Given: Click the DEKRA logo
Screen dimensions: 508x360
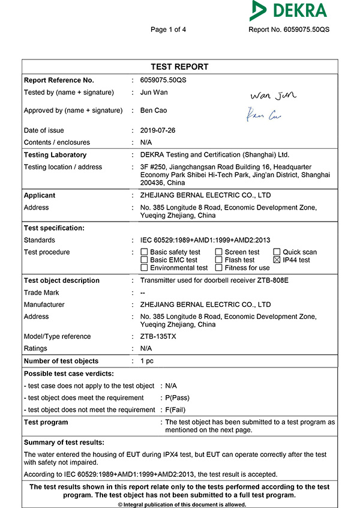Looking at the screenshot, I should pyautogui.click(x=289, y=11).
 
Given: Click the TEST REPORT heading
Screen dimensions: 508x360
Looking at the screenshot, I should pyautogui.click(x=179, y=67).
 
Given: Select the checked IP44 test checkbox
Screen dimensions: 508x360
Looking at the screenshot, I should pyautogui.click(x=277, y=260).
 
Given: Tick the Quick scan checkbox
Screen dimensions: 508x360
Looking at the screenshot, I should pyautogui.click(x=277, y=252).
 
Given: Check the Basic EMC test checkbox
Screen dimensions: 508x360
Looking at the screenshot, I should pyautogui.click(x=144, y=260).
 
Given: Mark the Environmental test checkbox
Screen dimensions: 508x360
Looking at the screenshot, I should pyautogui.click(x=144, y=268).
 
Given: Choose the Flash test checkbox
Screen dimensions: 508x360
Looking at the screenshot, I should pyautogui.click(x=218, y=260).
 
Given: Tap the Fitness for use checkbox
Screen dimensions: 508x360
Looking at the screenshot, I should pyautogui.click(x=218, y=268).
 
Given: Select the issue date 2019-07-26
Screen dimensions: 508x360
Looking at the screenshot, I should pyautogui.click(x=158, y=130).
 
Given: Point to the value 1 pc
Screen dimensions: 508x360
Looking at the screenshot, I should pyautogui.click(x=147, y=361).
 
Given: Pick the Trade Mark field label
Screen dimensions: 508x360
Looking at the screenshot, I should pyautogui.click(x=41, y=292).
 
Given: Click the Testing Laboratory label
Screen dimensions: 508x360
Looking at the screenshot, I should pyautogui.click(x=55, y=155).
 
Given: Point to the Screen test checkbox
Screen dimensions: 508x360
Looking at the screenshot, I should pyautogui.click(x=218, y=252).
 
